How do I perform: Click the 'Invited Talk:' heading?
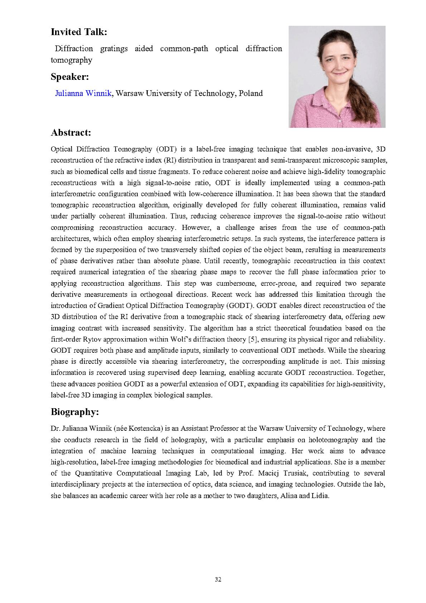pos(79,32)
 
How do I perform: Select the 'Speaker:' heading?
pos(69,77)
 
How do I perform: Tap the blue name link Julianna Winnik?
pos(83,93)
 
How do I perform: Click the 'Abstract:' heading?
pos(71,133)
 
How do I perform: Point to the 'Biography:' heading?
pos(74,412)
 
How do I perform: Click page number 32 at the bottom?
pos(218,579)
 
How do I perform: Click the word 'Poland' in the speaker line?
pos(251,93)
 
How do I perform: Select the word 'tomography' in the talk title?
pos(71,60)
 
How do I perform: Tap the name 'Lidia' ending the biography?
pos(320,496)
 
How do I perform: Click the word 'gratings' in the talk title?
pos(114,49)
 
